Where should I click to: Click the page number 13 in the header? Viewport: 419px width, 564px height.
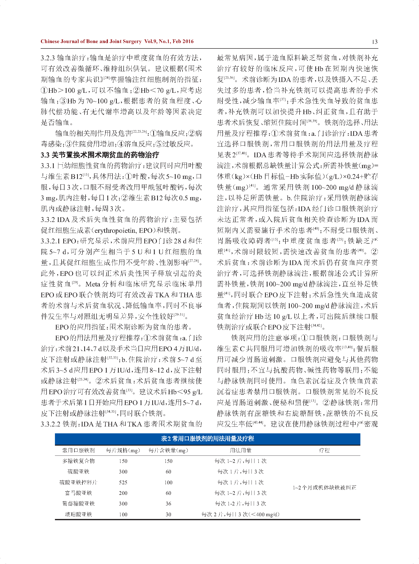(375, 42)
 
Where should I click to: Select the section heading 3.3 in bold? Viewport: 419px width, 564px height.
(100, 155)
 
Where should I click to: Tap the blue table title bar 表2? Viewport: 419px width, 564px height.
(207, 439)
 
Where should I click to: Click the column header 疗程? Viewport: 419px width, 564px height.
(324, 450)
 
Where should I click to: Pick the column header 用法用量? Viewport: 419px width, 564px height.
(240, 450)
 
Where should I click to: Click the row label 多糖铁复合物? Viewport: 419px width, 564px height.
(78, 461)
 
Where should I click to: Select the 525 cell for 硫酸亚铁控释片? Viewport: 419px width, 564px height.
(123, 482)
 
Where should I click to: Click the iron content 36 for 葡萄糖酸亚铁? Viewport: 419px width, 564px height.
(168, 504)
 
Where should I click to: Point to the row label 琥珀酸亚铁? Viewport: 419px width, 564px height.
(78, 514)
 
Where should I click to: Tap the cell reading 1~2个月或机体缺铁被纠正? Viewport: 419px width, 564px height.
(324, 487)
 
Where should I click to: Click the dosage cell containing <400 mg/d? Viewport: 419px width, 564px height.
(240, 514)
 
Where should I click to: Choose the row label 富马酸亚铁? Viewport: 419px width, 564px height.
(78, 493)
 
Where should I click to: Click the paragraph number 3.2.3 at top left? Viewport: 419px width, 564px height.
(48, 58)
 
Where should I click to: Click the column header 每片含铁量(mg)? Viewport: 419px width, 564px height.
(168, 450)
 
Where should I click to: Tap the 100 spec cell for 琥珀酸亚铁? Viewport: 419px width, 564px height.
(123, 514)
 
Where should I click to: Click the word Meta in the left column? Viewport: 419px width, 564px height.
(93, 284)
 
